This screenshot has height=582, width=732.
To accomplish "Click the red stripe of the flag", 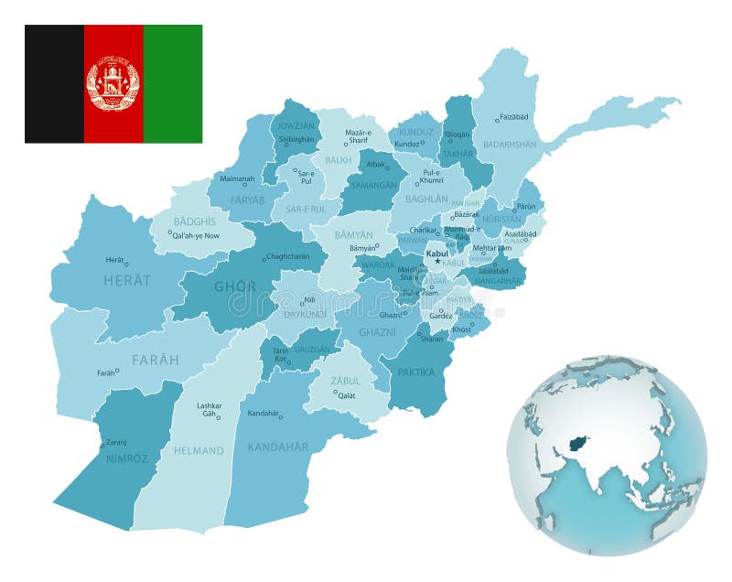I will click(x=113, y=46).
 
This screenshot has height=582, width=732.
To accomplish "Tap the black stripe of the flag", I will click(x=54, y=83).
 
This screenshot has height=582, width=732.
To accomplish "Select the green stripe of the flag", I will click(x=172, y=83).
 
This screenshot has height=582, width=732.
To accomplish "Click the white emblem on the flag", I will click(x=113, y=83).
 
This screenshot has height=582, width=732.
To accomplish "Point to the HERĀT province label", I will click(x=126, y=280).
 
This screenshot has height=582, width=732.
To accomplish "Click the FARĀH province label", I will click(x=156, y=359).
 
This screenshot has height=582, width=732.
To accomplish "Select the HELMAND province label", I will click(x=199, y=450).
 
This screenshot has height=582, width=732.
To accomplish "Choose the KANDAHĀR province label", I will click(x=278, y=447).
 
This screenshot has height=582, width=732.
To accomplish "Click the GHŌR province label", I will click(x=235, y=286).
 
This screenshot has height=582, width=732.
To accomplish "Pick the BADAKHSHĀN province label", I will click(x=510, y=144).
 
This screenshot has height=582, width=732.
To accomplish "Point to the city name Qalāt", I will click(x=346, y=395).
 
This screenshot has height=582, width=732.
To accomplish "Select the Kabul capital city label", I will click(x=437, y=253).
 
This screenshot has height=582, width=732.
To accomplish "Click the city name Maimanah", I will click(x=236, y=178).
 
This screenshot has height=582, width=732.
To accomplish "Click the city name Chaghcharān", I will click(x=288, y=257).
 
